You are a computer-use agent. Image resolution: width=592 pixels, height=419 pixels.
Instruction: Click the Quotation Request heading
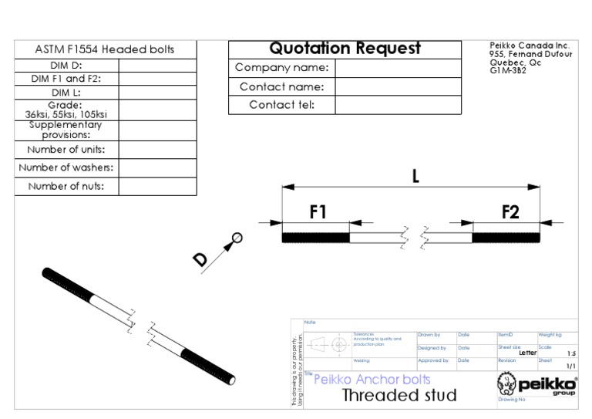[345, 49]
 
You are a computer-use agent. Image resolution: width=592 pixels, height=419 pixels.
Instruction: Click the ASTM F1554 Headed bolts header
[105, 49]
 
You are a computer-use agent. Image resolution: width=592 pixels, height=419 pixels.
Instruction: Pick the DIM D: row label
[66, 66]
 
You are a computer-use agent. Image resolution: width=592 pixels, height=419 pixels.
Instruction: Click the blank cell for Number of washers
[157, 167]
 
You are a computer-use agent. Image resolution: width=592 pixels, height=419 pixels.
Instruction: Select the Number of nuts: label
[66, 186]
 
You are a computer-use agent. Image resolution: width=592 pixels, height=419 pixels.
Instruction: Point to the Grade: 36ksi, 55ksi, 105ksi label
[66, 110]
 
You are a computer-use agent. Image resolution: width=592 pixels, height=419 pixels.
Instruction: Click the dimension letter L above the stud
[415, 176]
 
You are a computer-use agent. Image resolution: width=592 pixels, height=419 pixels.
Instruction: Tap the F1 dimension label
[318, 212]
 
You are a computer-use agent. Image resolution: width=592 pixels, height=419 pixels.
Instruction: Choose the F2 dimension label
[510, 212]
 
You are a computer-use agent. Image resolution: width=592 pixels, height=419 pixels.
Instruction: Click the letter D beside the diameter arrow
[201, 260]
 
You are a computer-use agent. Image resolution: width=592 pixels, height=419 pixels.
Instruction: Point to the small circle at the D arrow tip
[237, 238]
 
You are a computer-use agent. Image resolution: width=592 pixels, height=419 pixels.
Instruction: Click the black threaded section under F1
[316, 238]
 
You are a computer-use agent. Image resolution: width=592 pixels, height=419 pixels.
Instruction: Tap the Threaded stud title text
[399, 396]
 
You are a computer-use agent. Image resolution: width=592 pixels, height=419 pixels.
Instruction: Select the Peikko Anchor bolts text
[372, 379]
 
